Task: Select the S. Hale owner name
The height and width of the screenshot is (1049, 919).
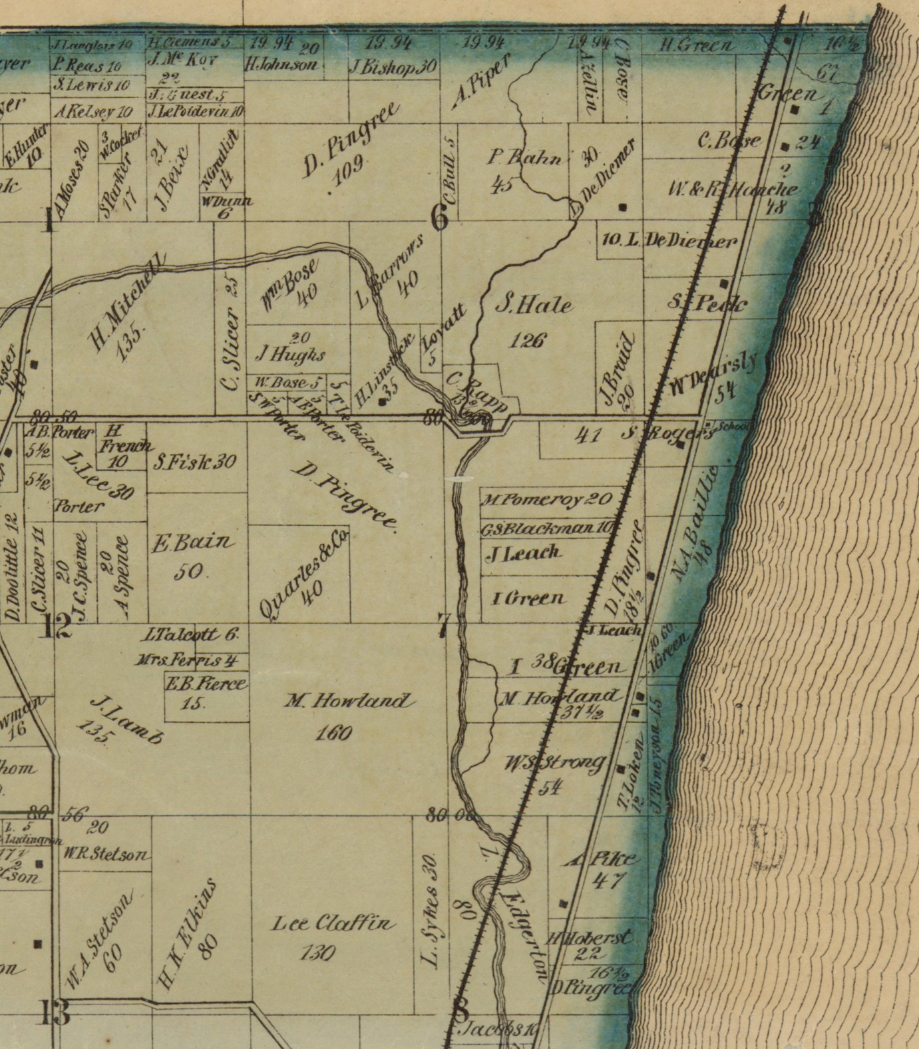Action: [534, 306]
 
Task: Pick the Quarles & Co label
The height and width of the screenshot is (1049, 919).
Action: [303, 574]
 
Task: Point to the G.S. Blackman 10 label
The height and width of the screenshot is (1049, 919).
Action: [546, 528]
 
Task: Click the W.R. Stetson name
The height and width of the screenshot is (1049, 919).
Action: [106, 855]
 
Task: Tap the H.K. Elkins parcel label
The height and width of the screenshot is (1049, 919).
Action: [188, 932]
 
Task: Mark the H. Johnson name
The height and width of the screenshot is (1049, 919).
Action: [281, 65]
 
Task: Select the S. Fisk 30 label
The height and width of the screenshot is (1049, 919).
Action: [195, 461]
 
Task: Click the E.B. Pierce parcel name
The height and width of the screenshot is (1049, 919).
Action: [206, 684]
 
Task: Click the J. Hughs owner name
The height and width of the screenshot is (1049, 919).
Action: [291, 354]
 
